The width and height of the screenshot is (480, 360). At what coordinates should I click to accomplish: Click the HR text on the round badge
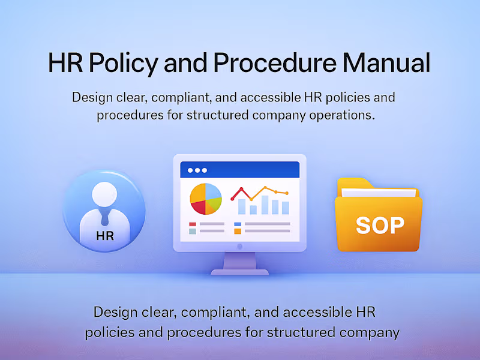pyautogui.click(x=104, y=236)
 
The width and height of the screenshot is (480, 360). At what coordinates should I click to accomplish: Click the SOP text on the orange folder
pyautogui.click(x=380, y=224)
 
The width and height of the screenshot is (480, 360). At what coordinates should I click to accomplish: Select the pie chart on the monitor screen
pyautogui.click(x=206, y=199)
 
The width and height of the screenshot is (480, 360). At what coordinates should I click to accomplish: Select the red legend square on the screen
pyautogui.click(x=193, y=224)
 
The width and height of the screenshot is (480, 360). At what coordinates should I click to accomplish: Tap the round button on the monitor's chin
pyautogui.click(x=239, y=246)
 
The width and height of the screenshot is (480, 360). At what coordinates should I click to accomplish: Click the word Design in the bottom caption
pyautogui.click(x=114, y=312)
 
